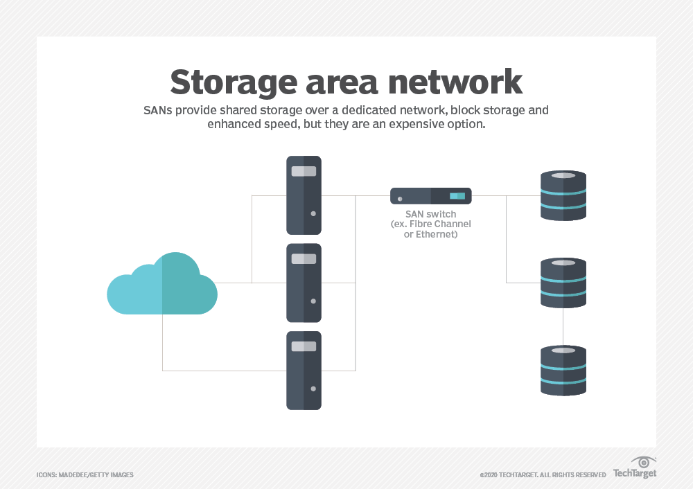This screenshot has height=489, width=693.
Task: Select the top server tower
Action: [x=304, y=195]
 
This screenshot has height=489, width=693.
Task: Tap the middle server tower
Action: [x=304, y=283]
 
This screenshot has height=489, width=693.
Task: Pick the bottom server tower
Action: [x=304, y=370]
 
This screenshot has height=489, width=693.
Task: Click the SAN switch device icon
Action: [x=430, y=196]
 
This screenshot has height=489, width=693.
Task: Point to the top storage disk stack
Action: [x=563, y=195]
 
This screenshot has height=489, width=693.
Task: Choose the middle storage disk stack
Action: [x=563, y=283]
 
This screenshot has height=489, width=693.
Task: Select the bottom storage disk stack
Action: [x=563, y=370]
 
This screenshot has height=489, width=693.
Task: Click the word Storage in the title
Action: [x=232, y=82]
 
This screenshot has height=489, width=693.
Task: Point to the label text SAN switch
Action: [x=430, y=215]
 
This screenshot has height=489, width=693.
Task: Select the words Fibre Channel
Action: [x=439, y=224]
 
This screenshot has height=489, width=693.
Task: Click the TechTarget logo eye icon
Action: [x=644, y=462]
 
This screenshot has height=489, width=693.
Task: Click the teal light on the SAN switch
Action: [x=457, y=196]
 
